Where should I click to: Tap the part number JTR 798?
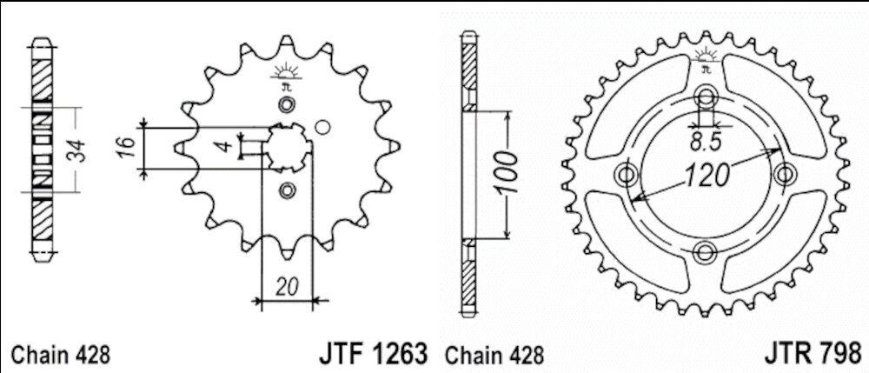[x=813, y=354]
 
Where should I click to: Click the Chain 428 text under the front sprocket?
[x=60, y=355]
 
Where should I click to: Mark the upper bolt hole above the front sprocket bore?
[x=285, y=105]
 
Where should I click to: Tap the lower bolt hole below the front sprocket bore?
[x=285, y=190]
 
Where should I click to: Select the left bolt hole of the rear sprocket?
[x=626, y=174]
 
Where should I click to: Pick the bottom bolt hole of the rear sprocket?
[x=706, y=252]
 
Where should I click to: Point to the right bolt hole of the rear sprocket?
[x=785, y=174]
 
